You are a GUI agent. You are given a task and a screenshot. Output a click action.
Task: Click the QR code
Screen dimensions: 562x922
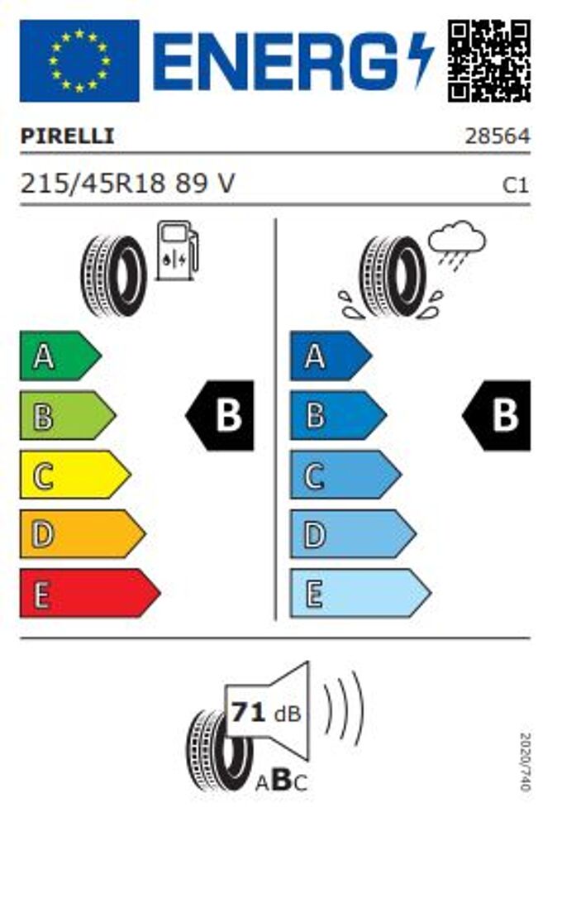pos(489,60)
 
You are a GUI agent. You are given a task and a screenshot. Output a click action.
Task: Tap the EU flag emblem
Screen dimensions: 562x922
pos(79,60)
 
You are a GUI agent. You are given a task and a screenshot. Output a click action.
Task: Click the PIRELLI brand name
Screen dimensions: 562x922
pos(67,136)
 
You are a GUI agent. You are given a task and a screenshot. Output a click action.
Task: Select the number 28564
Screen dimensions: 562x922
pos(498,136)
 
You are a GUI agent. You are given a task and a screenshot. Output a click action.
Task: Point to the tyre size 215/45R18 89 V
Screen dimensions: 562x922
pos(127,184)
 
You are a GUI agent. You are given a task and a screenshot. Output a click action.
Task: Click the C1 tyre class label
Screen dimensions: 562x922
pos(515,186)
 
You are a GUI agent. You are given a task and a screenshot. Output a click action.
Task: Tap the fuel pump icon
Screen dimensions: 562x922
pos(177,251)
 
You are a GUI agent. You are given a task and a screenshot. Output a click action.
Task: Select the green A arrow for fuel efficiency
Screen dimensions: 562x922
pos(60,356)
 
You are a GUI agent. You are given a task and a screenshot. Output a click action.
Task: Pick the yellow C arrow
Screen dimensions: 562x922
pos(75,475)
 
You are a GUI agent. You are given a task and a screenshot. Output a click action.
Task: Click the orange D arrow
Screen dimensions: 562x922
pos(83,534)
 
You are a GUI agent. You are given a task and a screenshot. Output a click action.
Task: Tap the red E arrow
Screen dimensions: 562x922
pos(90,593)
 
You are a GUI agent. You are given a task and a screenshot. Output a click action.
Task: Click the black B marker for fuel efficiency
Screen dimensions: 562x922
pos(221,415)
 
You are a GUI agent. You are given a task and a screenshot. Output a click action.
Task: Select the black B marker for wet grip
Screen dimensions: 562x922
pos(497,415)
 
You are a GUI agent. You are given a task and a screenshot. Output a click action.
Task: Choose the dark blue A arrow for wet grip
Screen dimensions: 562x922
pos(331,356)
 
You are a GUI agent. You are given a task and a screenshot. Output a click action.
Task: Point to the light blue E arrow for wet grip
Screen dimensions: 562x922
pos(360,593)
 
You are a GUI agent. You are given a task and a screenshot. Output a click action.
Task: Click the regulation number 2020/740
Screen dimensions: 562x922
pos(525,762)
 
